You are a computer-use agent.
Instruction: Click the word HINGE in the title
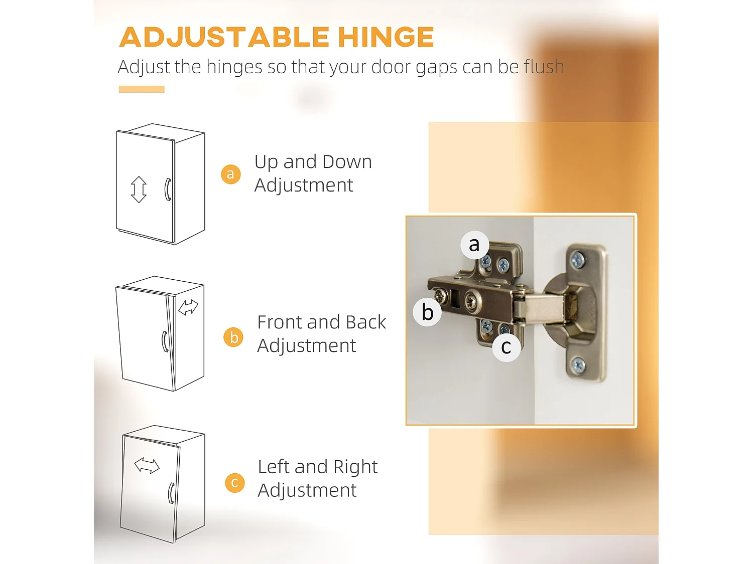pos(386,37)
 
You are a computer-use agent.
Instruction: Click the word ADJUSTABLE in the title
pos(224,37)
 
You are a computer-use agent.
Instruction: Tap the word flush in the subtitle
pos(544,66)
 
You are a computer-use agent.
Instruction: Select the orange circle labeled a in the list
pos(230,174)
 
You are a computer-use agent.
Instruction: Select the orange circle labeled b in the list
pos(233,337)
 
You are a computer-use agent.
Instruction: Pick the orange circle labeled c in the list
pos(234,483)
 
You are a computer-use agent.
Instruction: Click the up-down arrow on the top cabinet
pos(139,190)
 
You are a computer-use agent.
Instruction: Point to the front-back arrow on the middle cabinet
pos(188,307)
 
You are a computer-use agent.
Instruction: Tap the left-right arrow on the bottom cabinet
pos(147,466)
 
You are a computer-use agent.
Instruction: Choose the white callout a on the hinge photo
pos(474,245)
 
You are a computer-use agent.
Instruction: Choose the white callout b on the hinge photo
pos(427,312)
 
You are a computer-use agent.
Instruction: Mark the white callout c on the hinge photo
pos(507,347)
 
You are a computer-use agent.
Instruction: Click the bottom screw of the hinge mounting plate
pos(579,364)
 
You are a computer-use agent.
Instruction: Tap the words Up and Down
pos(313,162)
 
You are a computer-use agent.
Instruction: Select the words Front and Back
pos(321,322)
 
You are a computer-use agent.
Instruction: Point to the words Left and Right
pos(318,467)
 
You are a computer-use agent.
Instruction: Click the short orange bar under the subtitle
pos(142,89)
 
